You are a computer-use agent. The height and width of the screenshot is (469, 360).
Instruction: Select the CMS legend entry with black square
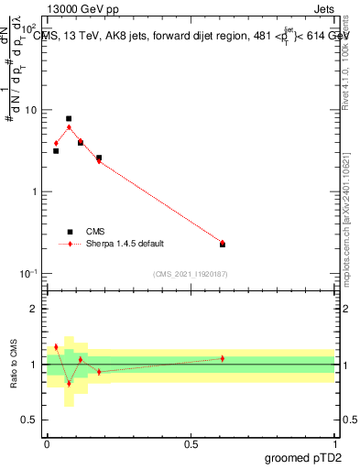pos(95,232)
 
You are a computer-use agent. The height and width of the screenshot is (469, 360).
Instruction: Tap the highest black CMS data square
pos(69,119)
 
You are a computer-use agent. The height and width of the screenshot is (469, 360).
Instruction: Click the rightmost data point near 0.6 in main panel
pos(223,244)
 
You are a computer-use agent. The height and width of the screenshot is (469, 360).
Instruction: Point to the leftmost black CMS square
pos(56,150)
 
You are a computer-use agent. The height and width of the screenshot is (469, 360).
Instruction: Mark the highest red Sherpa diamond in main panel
pos(69,127)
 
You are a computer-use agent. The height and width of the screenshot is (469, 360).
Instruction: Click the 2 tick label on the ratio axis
pos(35,309)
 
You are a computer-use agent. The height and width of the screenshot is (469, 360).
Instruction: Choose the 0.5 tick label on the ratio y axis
pos(30,420)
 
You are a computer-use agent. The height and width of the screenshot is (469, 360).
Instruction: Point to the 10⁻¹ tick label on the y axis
pos(28,274)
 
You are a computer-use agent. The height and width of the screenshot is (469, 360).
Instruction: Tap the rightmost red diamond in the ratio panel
pos(223,358)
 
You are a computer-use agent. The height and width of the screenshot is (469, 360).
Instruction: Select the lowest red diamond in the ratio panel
pos(69,383)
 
